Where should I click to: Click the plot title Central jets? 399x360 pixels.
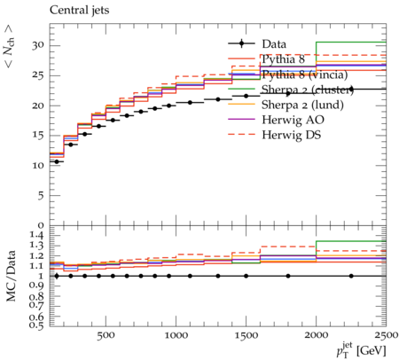coord(79,11)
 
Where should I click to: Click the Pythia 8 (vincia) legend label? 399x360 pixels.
coord(305,74)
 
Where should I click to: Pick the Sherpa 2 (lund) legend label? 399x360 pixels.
coord(302,105)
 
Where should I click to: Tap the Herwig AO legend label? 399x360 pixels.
coord(293,120)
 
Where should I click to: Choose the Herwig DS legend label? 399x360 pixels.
coord(292,135)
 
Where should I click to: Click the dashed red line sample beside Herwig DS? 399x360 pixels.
coord(241,135)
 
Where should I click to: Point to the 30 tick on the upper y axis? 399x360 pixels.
coord(38,45)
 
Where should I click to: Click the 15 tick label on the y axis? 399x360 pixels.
coord(38,136)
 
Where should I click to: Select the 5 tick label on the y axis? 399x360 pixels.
coord(41,195)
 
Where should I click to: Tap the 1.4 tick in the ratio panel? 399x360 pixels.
coord(37,236)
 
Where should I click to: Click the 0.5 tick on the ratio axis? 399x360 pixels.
coord(37,325)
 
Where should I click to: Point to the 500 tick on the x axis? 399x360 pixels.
coord(106,335)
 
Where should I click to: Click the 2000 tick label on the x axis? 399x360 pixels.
coord(317,335)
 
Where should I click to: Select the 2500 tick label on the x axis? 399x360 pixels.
coord(387,335)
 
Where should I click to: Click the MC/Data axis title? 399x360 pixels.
coord(12,276)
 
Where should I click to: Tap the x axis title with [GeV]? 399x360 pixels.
coord(361,350)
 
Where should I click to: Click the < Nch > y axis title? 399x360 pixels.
coord(10,46)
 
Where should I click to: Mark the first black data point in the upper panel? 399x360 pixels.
coord(57,161)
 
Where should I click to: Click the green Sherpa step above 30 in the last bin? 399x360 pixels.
coord(351,43)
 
